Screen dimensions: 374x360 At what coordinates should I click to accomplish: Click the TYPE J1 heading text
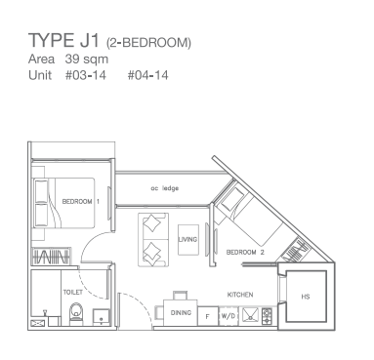[63, 40]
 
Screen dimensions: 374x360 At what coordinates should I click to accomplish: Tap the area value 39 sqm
[87, 60]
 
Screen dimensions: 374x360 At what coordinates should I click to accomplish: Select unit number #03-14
[86, 75]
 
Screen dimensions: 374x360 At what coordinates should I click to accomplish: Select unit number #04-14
[147, 75]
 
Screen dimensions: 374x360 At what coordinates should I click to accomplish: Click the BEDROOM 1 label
[81, 202]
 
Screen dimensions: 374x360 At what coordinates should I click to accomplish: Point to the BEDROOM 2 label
[245, 252]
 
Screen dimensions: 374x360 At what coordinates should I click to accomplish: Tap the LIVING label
[187, 239]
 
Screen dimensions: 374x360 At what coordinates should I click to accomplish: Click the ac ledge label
[164, 188]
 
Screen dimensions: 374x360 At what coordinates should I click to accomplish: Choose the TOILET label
[72, 293]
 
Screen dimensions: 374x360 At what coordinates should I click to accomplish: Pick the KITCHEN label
[240, 295]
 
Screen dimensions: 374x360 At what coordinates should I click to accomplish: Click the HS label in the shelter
[306, 297]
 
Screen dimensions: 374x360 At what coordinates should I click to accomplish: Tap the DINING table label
[181, 313]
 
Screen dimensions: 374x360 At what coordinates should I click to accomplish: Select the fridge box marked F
[208, 316]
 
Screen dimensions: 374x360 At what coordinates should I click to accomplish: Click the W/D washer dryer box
[229, 316]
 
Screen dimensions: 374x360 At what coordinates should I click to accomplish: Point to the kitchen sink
[250, 315]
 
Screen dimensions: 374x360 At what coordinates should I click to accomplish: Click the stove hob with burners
[267, 316]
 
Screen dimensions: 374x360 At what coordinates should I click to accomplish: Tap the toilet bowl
[76, 313]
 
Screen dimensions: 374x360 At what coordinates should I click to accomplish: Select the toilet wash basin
[102, 317]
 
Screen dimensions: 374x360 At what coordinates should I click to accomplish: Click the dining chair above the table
[181, 296]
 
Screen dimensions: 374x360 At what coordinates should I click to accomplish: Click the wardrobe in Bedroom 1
[51, 257]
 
